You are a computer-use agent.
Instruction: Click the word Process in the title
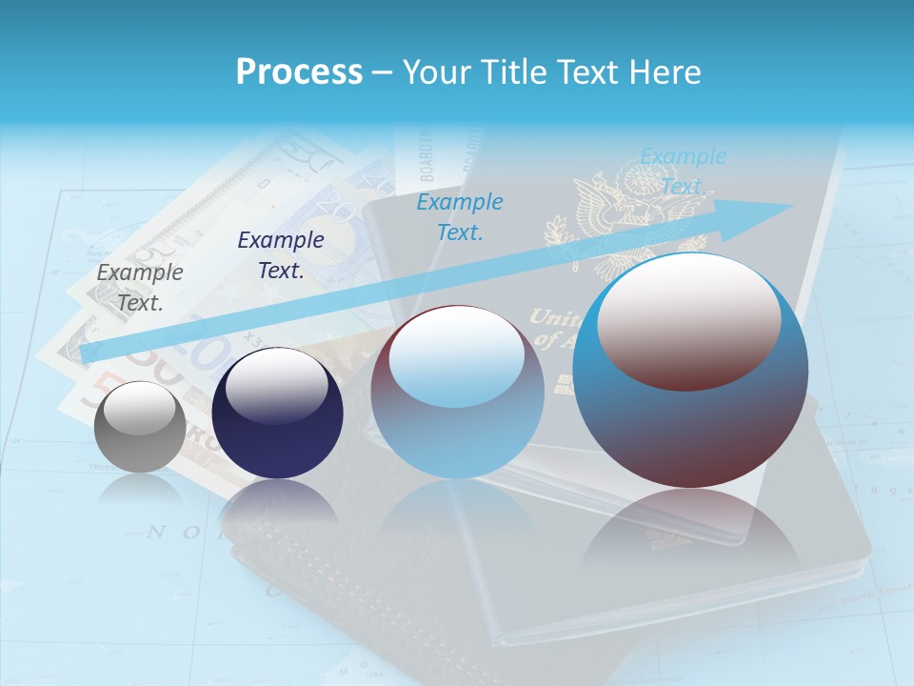(x=299, y=71)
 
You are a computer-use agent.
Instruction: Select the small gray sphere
(x=140, y=427)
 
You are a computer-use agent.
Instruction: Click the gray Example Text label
(x=140, y=288)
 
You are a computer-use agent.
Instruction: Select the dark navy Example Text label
(x=280, y=255)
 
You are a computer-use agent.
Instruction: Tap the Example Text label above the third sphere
(x=459, y=217)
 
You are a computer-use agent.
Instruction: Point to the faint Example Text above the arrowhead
(x=683, y=171)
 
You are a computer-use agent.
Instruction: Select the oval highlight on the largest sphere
(x=689, y=321)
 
